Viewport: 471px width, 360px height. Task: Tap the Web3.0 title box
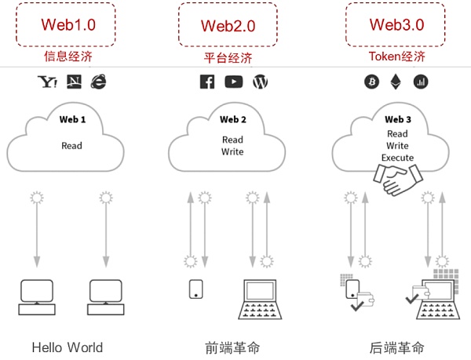point(396,24)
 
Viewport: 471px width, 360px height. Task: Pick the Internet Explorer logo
point(98,81)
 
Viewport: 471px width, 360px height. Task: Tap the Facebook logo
point(207,82)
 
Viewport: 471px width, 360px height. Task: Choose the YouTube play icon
point(233,82)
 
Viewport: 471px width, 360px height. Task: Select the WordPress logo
point(261,82)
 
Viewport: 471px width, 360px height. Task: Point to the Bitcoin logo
point(371,82)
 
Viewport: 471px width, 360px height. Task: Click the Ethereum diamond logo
point(395,82)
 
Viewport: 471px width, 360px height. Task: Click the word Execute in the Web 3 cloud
point(397,158)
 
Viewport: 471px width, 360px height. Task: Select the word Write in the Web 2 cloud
point(232,151)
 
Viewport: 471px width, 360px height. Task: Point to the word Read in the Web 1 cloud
point(72,145)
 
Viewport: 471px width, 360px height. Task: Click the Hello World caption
point(68,347)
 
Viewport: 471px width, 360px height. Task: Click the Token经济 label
point(397,56)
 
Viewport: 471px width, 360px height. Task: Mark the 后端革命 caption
point(396,347)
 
